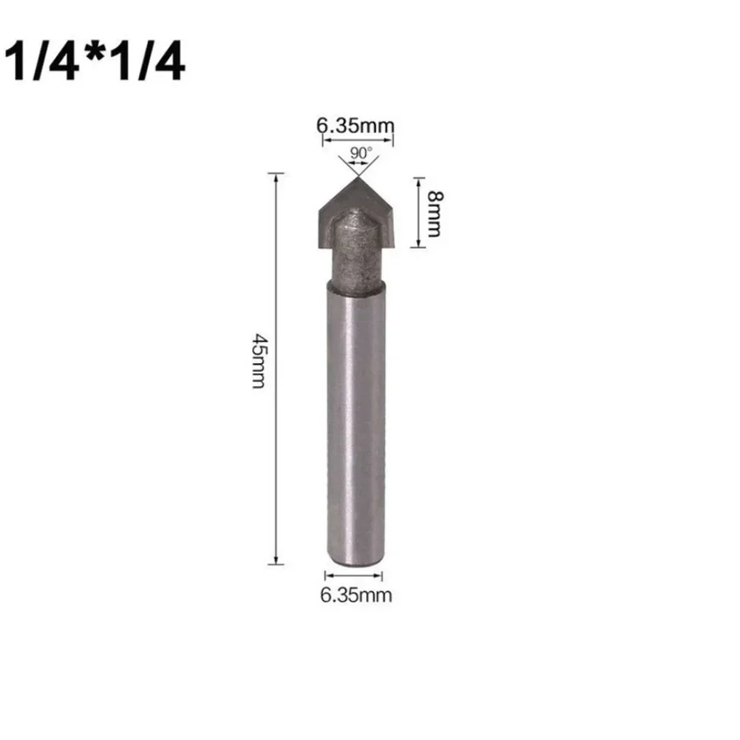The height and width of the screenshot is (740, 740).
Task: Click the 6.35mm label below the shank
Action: click(x=355, y=595)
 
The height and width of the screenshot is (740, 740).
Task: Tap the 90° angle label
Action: click(x=361, y=152)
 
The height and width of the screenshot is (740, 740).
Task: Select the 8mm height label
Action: click(x=435, y=212)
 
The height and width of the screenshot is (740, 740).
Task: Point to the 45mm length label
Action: click(x=257, y=367)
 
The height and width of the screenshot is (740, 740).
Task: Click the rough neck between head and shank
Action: click(x=355, y=262)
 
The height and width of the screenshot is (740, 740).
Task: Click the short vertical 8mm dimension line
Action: click(x=418, y=212)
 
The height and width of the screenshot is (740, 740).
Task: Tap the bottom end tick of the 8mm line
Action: click(x=418, y=248)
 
